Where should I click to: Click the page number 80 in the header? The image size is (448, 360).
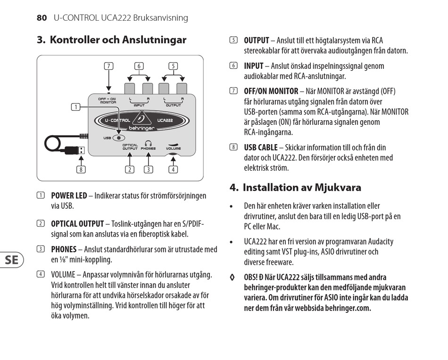pyautogui.click(x=41, y=18)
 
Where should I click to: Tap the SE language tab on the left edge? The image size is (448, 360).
pyautogui.click(x=12, y=259)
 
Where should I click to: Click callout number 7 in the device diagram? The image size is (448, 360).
pyautogui.click(x=109, y=66)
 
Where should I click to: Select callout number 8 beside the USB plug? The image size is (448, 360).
pyautogui.click(x=82, y=170)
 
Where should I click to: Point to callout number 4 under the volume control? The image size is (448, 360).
pyautogui.click(x=174, y=170)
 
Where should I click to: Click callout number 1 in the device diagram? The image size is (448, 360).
pyautogui.click(x=75, y=107)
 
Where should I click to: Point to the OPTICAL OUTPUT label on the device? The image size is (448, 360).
pyautogui.click(x=130, y=147)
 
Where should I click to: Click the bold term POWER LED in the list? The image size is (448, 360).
pyautogui.click(x=69, y=196)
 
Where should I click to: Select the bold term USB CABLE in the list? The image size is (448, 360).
pyautogui.click(x=261, y=147)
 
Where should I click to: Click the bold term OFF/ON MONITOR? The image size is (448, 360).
pyautogui.click(x=271, y=91)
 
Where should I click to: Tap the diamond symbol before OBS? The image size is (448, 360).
pyautogui.click(x=232, y=277)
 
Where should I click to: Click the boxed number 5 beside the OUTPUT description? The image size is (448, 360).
pyautogui.click(x=233, y=41)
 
